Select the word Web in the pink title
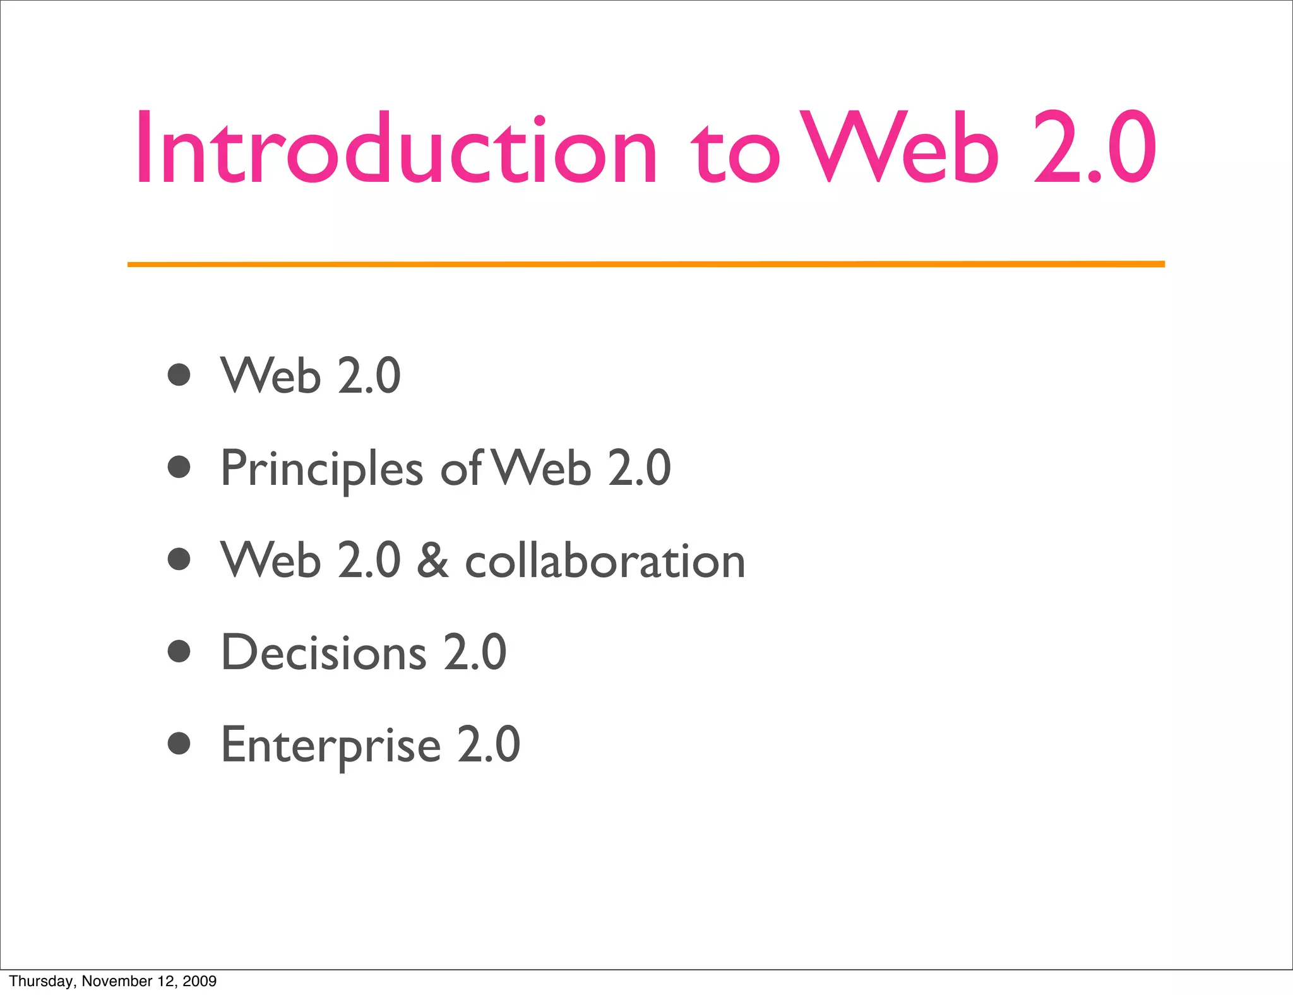pos(899,149)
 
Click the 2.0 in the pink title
pos(1095,149)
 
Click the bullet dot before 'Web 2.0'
pos(179,374)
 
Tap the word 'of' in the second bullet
pos(462,468)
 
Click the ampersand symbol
pos(432,560)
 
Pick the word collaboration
pos(605,560)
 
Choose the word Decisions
pos(324,652)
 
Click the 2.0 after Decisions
pos(475,652)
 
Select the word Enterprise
pos(331,746)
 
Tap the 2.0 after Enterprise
pos(489,745)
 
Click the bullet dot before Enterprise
pos(179,744)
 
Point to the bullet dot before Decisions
pos(179,651)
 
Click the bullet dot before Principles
pos(179,467)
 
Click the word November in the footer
pos(109,981)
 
